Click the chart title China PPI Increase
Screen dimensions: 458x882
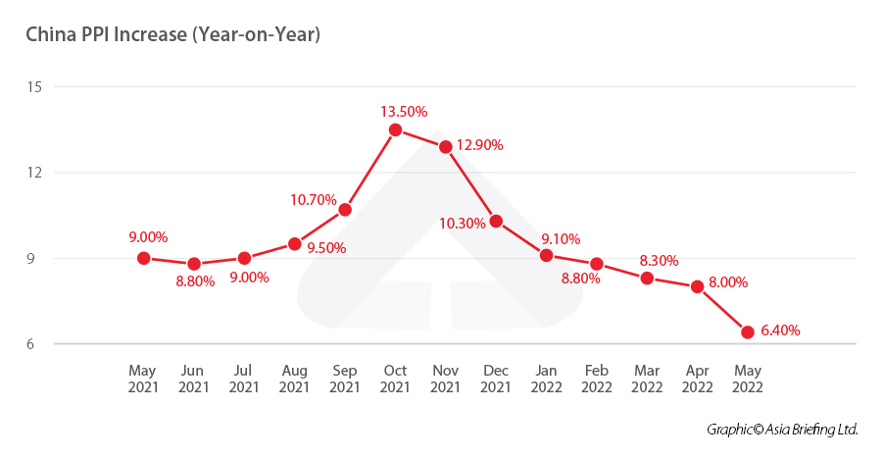pyautogui.click(x=173, y=35)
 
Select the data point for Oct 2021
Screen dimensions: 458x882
pyautogui.click(x=395, y=129)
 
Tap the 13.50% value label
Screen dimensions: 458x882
pyautogui.click(x=404, y=111)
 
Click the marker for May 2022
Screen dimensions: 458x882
pyautogui.click(x=748, y=332)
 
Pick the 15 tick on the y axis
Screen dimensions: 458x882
pyautogui.click(x=35, y=87)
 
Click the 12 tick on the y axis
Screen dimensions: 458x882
pyautogui.click(x=35, y=173)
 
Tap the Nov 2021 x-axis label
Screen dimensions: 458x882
pyautogui.click(x=445, y=380)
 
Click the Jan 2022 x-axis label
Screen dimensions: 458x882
pyautogui.click(x=546, y=380)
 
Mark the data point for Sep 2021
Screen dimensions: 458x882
pyautogui.click(x=345, y=209)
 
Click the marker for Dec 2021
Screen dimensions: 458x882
pyautogui.click(x=496, y=221)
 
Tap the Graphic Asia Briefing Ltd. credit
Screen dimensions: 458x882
pyautogui.click(x=782, y=430)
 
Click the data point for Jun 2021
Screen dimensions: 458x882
pyautogui.click(x=194, y=264)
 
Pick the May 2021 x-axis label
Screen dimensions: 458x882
pyautogui.click(x=143, y=380)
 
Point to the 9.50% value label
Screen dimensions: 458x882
pyautogui.click(x=325, y=247)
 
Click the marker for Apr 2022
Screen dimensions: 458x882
pyautogui.click(x=698, y=286)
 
